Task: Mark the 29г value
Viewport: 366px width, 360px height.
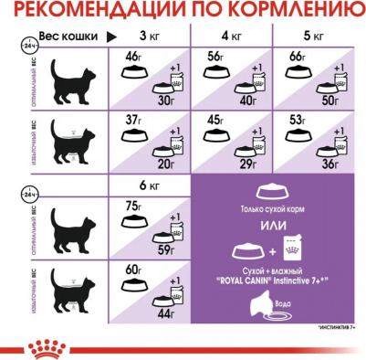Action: click(x=246, y=163)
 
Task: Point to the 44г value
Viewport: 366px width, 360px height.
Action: click(x=165, y=315)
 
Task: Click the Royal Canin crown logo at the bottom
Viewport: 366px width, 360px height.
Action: click(x=183, y=345)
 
